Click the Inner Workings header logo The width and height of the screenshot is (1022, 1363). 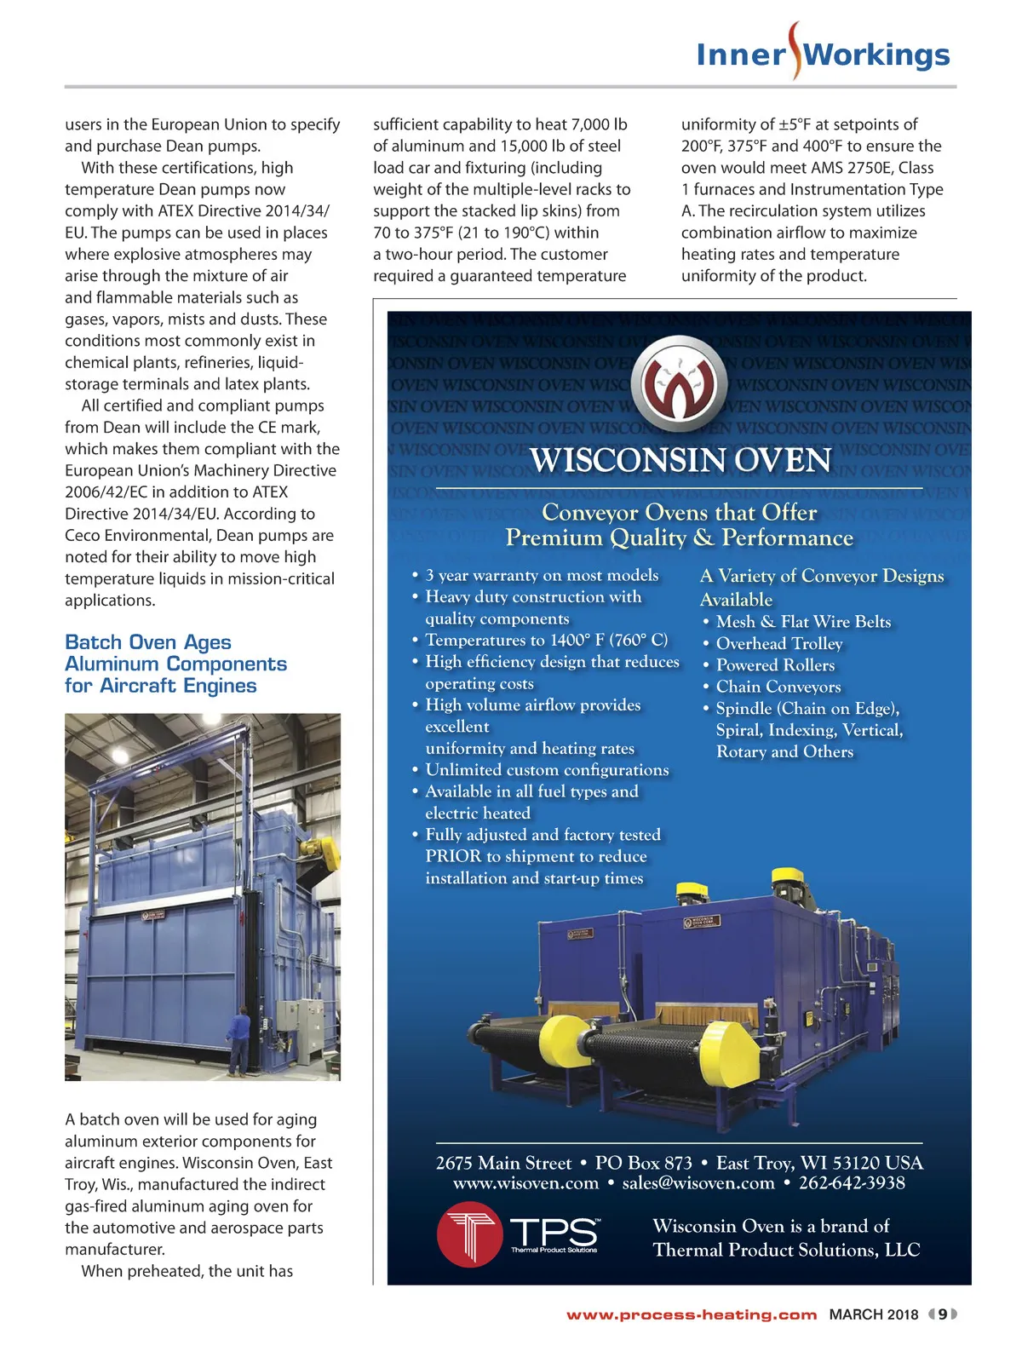[x=822, y=54]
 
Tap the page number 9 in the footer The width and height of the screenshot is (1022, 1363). [x=943, y=1314]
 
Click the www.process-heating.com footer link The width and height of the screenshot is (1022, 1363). [x=692, y=1314]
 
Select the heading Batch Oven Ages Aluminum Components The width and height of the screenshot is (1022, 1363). [x=175, y=664]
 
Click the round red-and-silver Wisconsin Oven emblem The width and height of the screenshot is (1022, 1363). [x=682, y=383]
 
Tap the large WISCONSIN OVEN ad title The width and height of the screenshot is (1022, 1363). [x=680, y=461]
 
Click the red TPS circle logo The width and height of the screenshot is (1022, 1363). [x=468, y=1234]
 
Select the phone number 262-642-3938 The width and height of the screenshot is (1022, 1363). [x=852, y=1183]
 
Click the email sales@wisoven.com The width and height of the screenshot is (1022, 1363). [x=698, y=1183]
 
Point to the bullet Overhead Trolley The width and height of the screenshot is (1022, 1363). [x=779, y=644]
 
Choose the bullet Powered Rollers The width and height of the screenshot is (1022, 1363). [x=775, y=665]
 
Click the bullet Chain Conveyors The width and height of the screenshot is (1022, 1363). [x=778, y=687]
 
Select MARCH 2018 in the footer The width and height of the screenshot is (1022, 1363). [x=874, y=1314]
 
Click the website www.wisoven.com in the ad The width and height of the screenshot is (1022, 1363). [x=525, y=1183]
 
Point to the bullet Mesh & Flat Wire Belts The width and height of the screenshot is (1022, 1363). [x=803, y=622]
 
